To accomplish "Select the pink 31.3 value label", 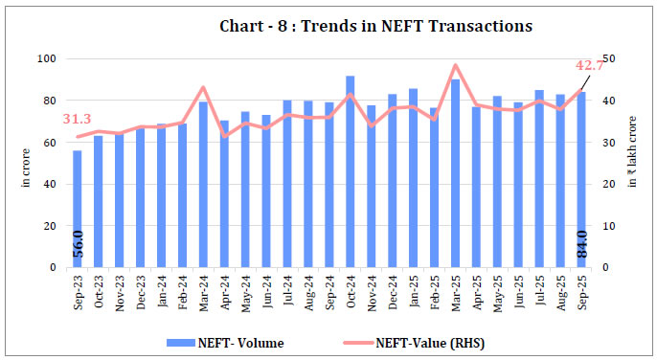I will [x=77, y=119].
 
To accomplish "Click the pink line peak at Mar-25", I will [x=455, y=65].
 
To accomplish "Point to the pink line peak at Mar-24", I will [x=203, y=87].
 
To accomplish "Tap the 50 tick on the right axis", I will [x=608, y=59].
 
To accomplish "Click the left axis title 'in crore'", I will [x=26, y=164].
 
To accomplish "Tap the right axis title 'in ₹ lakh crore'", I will [x=633, y=164].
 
